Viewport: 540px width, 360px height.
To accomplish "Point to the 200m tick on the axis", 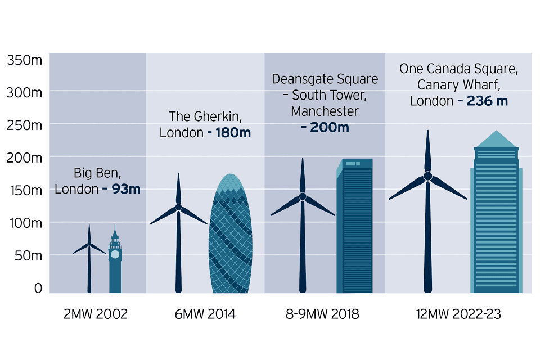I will point(24,157).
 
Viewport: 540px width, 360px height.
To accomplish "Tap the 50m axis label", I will point(27,255).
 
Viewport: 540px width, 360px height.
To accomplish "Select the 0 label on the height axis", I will point(38,288).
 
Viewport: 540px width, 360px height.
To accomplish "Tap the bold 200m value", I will point(325,128).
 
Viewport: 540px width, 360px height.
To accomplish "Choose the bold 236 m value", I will point(487,101).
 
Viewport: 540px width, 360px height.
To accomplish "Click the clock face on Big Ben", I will point(115,254).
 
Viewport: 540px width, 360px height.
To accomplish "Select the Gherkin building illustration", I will point(229,236).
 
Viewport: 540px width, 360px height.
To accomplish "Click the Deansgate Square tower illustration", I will point(354,225).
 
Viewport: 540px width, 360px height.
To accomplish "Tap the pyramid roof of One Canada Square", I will point(496,139).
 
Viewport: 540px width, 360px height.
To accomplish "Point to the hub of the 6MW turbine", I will point(178,207).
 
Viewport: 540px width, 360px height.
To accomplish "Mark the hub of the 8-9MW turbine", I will point(303,196).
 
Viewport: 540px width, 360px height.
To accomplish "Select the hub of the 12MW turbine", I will point(427,176).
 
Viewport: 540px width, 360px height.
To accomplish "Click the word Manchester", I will point(325,111).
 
